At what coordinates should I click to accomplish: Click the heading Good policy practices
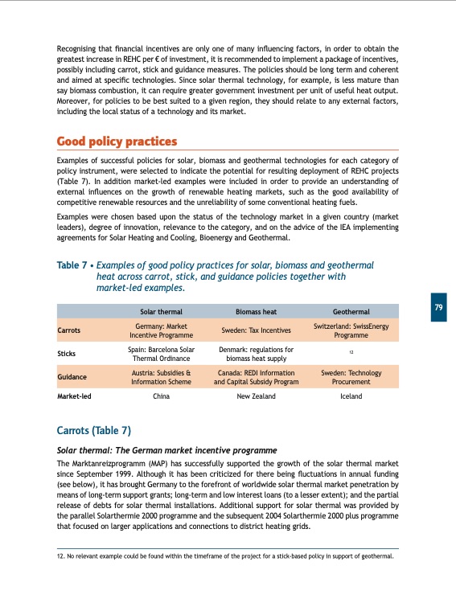[x=117, y=142]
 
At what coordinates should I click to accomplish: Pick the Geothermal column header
[x=351, y=311]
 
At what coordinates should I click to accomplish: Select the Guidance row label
[x=72, y=376]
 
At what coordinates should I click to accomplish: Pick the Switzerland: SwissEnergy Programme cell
[x=351, y=330]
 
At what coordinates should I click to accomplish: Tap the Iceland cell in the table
[x=351, y=396]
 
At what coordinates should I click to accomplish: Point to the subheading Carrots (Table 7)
[x=93, y=430]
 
